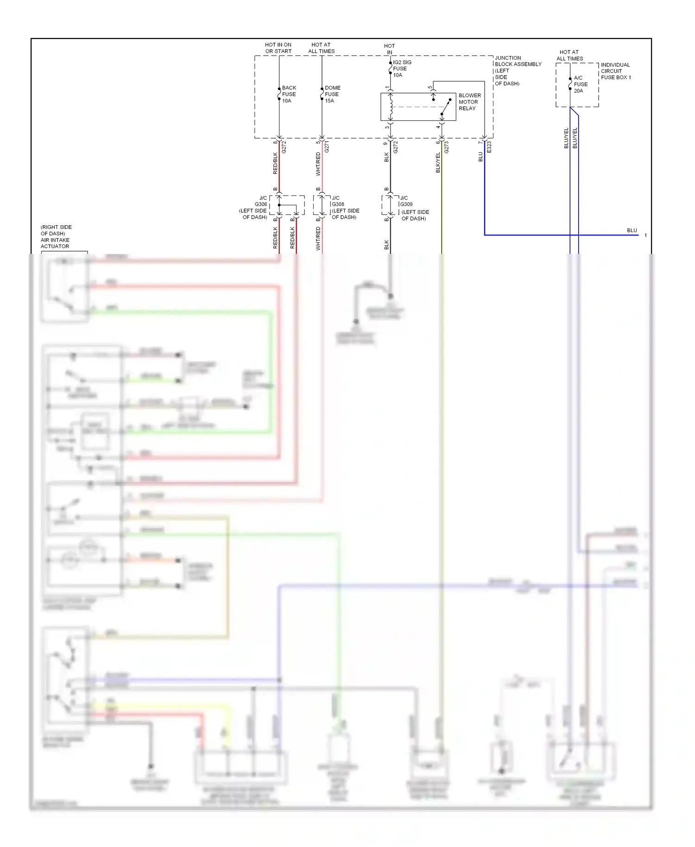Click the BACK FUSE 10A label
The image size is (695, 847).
(x=289, y=94)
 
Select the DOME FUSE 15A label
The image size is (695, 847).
(x=332, y=94)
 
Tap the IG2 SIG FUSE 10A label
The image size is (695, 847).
(x=401, y=69)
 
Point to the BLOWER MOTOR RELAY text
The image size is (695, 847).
(x=469, y=102)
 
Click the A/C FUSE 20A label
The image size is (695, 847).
(x=580, y=84)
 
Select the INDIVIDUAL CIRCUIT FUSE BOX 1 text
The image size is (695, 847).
(x=615, y=71)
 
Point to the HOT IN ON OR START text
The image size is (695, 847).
(x=278, y=48)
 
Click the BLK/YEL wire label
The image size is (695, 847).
(x=438, y=163)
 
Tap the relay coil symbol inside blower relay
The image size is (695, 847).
(x=391, y=107)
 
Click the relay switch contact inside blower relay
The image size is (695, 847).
(x=445, y=107)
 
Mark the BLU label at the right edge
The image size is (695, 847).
(x=632, y=230)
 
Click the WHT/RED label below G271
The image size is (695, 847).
(x=318, y=164)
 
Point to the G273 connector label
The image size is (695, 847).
(x=447, y=147)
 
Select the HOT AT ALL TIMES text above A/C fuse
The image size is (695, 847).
(x=569, y=56)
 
